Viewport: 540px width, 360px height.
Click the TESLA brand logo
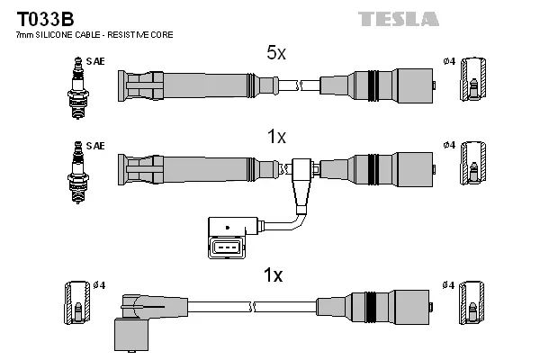398,18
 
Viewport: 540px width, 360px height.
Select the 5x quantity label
275,54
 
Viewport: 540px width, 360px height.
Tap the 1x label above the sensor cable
276,137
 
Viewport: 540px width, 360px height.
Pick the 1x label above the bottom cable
272,275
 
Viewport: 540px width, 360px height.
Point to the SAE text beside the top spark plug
94,61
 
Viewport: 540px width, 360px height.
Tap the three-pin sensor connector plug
227,247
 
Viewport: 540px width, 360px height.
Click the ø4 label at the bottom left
98,285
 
